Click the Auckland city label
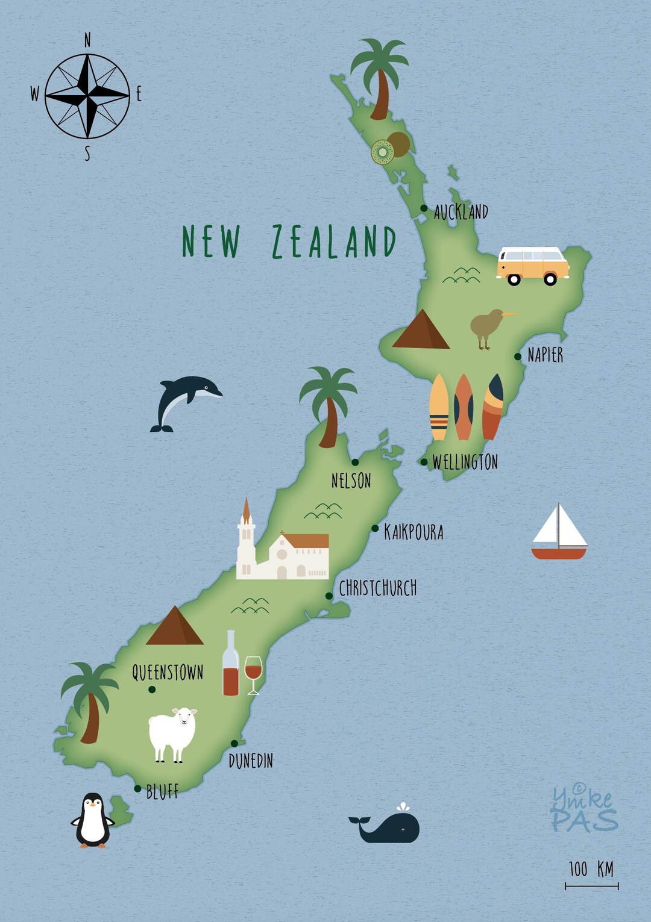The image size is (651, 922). coord(461,212)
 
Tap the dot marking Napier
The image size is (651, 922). coord(518,357)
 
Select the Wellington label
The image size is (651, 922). coord(465,462)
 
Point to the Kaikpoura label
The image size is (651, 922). coord(414,532)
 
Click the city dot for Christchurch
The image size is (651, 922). coord(329,596)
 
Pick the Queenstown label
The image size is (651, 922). coord(168,672)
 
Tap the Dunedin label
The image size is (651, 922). coord(251,761)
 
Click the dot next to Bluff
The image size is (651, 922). coord(138,788)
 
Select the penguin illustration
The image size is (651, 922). coord(93,820)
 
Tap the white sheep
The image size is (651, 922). coord(172,733)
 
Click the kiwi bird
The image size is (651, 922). coord(488,327)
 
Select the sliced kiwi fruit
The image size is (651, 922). coord(383,152)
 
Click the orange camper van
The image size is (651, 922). coord(532,265)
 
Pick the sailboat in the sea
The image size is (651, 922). coord(559,533)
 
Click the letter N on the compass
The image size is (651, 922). coord(87,40)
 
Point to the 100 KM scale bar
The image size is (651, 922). coord(591,885)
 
